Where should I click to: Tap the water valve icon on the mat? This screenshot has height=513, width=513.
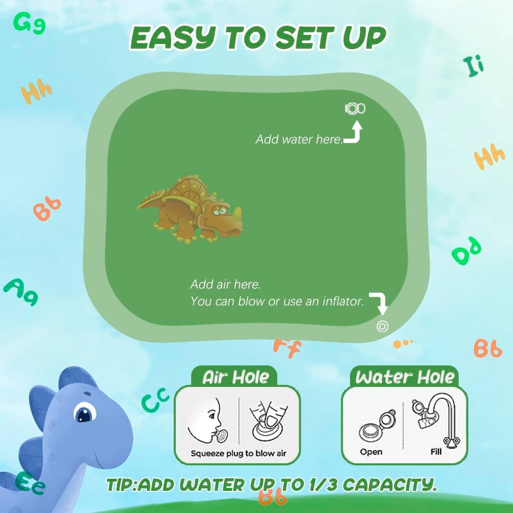click(x=355, y=108)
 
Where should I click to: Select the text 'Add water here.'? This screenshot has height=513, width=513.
click(x=299, y=139)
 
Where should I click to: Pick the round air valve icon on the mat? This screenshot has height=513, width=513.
click(x=382, y=326)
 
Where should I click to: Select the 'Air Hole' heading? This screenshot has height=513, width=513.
click(x=235, y=377)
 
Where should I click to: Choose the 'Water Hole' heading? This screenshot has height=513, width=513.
click(x=405, y=377)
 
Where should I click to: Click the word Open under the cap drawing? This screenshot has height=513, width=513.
click(x=371, y=452)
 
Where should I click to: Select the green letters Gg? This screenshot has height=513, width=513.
click(x=29, y=23)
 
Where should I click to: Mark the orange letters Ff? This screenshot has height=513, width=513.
click(x=287, y=347)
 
